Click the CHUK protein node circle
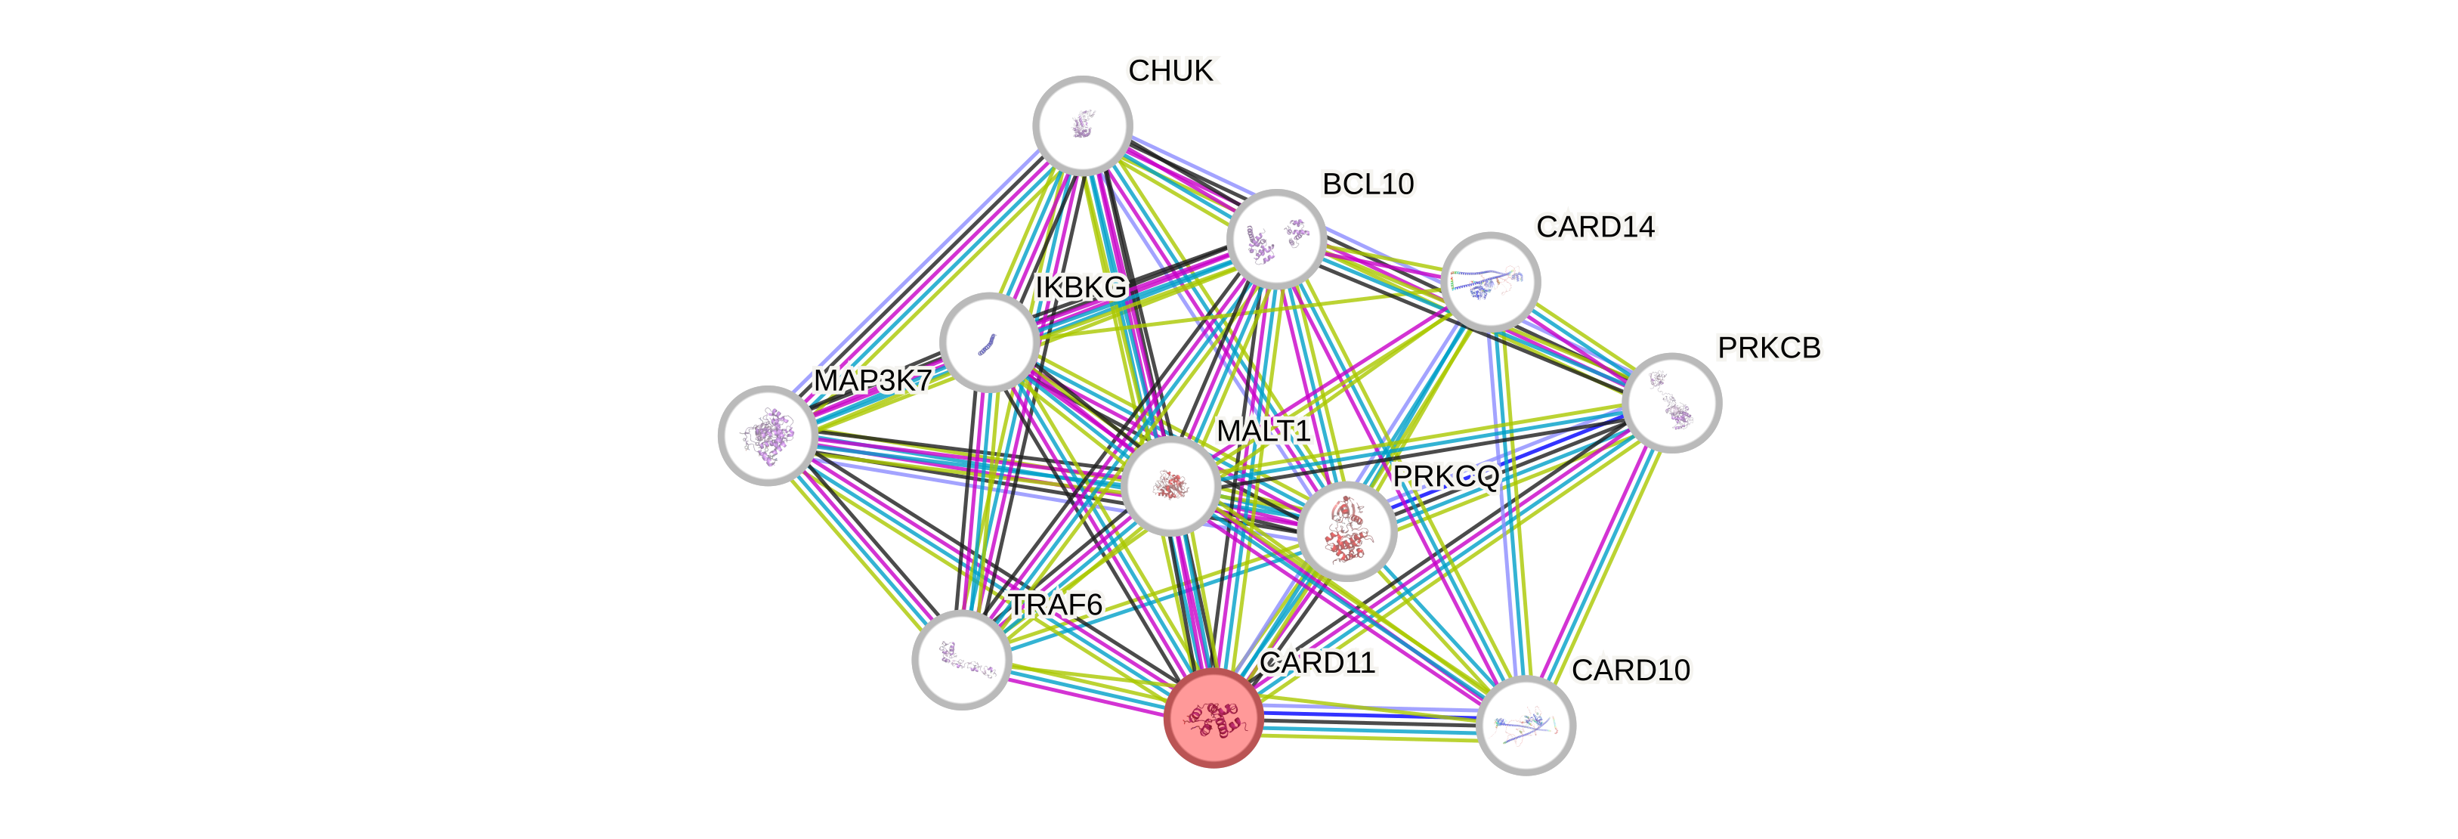pyautogui.click(x=1083, y=125)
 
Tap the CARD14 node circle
pyautogui.click(x=1489, y=282)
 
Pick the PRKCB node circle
pyautogui.click(x=1671, y=403)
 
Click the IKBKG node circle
pyautogui.click(x=990, y=342)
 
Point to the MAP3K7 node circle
pyautogui.click(x=767, y=435)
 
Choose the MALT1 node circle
pyautogui.click(x=1170, y=486)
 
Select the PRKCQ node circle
pyautogui.click(x=1346, y=531)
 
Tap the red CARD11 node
pyautogui.click(x=1214, y=717)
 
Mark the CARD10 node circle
pyautogui.click(x=1526, y=726)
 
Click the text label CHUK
pyautogui.click(x=1172, y=70)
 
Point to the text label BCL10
pyautogui.click(x=1368, y=183)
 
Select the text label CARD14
pyautogui.click(x=1595, y=228)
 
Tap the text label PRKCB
pyautogui.click(x=1768, y=348)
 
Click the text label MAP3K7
pyautogui.click(x=871, y=381)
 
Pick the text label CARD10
pyautogui.click(x=1631, y=670)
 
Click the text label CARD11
pyautogui.click(x=1317, y=662)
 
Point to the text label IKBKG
pyautogui.click(x=1081, y=286)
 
